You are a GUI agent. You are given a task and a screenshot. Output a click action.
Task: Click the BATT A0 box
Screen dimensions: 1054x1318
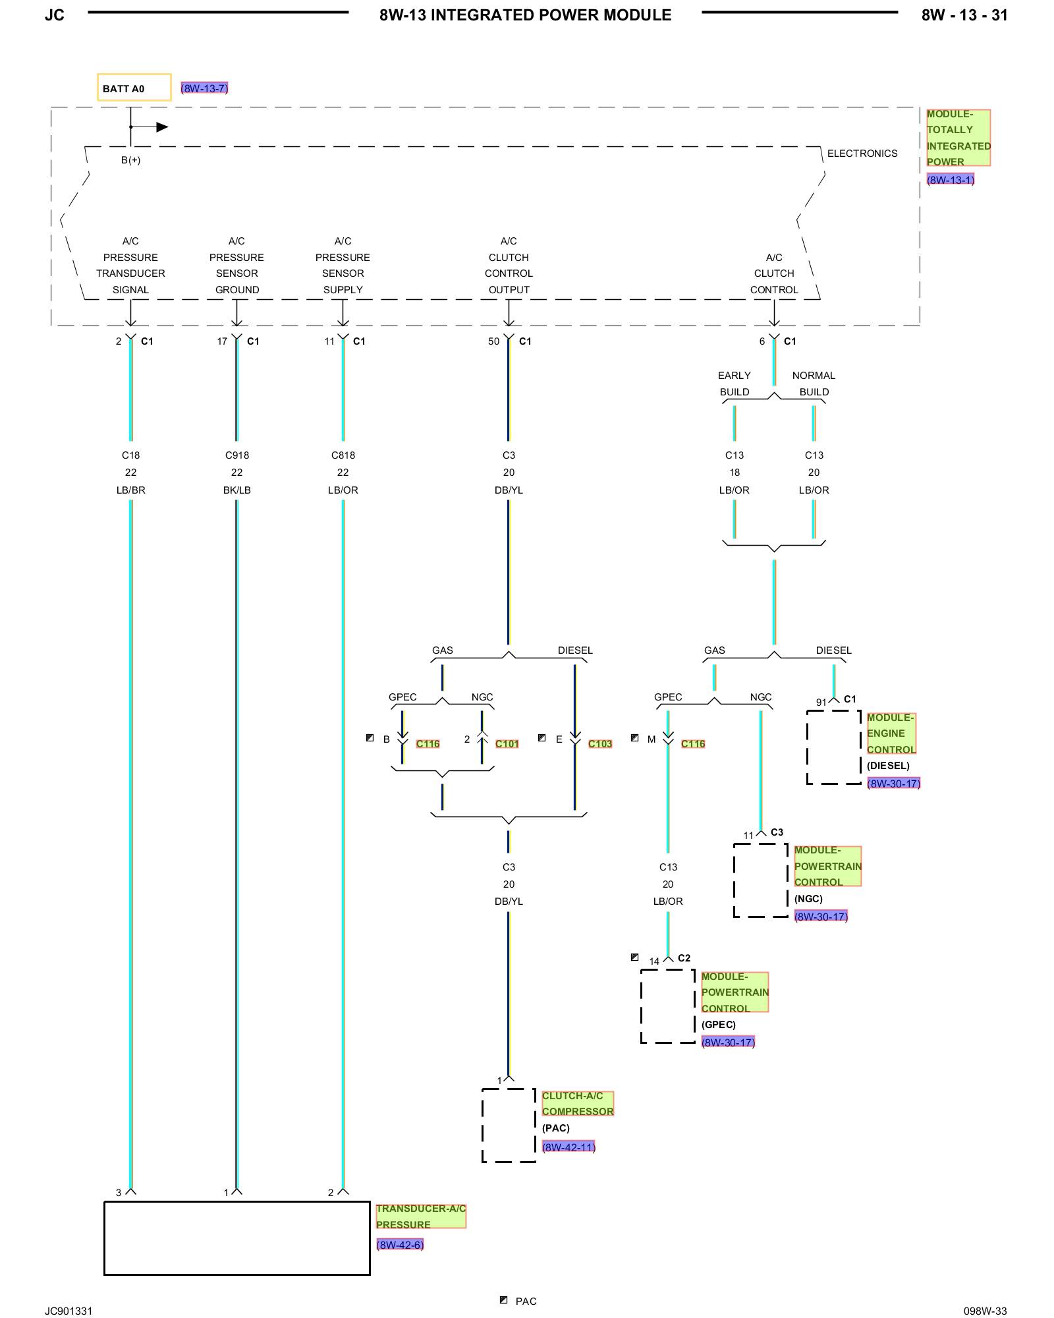pyautogui.click(x=134, y=88)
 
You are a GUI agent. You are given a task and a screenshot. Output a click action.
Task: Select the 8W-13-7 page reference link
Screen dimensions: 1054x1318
pyautogui.click(x=204, y=88)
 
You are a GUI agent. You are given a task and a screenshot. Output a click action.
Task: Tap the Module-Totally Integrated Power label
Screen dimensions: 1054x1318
pyautogui.click(x=958, y=138)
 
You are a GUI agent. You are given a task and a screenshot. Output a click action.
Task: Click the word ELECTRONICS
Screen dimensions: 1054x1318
pyautogui.click(x=862, y=154)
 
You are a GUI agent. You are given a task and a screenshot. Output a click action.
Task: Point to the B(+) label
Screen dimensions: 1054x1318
pyautogui.click(x=130, y=160)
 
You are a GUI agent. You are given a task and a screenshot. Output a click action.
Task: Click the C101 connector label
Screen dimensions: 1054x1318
pyautogui.click(x=507, y=744)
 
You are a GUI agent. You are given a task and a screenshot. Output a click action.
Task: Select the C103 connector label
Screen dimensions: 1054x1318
pyautogui.click(x=600, y=744)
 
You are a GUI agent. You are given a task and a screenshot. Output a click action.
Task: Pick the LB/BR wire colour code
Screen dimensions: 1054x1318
pyautogui.click(x=130, y=490)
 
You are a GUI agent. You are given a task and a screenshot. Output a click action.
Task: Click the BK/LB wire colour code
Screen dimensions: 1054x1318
pyautogui.click(x=236, y=490)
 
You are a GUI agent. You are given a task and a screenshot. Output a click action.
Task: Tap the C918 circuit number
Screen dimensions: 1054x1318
pyautogui.click(x=236, y=455)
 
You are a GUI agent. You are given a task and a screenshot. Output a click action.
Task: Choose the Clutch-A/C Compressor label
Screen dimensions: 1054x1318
pyautogui.click(x=578, y=1104)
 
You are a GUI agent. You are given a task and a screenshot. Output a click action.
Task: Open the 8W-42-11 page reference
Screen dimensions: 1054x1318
pyautogui.click(x=569, y=1147)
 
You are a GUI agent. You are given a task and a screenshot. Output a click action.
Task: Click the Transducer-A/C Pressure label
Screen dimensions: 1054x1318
pyautogui.click(x=421, y=1217)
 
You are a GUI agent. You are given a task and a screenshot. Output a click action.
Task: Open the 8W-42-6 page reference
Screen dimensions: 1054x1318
pyautogui.click(x=400, y=1245)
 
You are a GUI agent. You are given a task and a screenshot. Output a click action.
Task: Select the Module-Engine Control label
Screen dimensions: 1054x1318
pyautogui.click(x=891, y=733)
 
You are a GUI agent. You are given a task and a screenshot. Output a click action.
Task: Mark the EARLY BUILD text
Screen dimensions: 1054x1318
pyautogui.click(x=735, y=384)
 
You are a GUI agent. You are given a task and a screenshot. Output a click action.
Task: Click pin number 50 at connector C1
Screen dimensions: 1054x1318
pyautogui.click(x=493, y=341)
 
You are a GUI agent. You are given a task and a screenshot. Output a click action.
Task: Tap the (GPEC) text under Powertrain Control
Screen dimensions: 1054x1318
pyautogui.click(x=719, y=1025)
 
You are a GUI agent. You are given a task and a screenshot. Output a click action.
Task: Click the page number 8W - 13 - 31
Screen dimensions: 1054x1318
pyautogui.click(x=964, y=15)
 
